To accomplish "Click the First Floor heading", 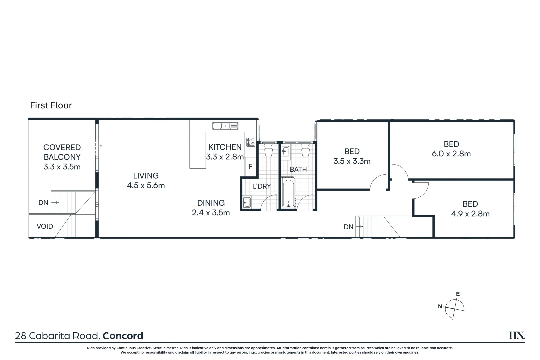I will [x=51, y=105].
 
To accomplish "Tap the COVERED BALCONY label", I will [x=62, y=152].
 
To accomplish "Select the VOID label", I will [x=45, y=227].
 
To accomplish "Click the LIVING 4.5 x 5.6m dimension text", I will [x=146, y=185].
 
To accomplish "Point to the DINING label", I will [x=211, y=203].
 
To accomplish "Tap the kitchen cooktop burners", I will [x=251, y=142].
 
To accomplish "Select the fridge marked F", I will [x=250, y=167].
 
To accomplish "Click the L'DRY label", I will [x=262, y=186].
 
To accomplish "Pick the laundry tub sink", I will [x=247, y=202].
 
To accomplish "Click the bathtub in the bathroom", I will [x=289, y=193].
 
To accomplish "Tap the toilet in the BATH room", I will [x=306, y=151].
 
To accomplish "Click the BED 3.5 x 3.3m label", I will [x=352, y=156].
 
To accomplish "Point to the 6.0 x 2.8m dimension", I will [x=451, y=154].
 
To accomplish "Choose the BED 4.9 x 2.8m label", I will [x=470, y=209].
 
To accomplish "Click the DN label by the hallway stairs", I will [x=348, y=227].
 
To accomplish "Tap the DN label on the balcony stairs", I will [x=43, y=203].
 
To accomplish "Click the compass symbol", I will [x=455, y=307].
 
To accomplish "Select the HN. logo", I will [x=517, y=336].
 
